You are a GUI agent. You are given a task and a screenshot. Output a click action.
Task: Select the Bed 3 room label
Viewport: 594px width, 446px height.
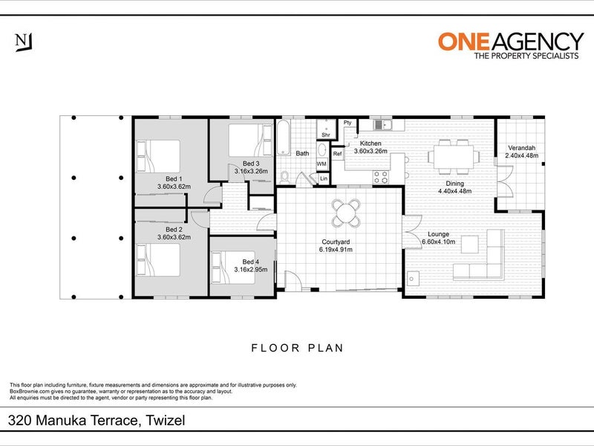(x=251, y=164)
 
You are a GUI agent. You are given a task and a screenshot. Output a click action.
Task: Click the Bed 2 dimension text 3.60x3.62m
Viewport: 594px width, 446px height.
(x=174, y=237)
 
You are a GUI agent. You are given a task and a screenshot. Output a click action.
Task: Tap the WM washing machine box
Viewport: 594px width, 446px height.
(x=322, y=164)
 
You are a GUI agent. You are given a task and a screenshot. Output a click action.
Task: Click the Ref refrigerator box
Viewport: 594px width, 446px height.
(x=337, y=154)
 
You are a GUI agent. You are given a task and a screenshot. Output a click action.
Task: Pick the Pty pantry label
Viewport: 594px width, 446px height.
(x=347, y=123)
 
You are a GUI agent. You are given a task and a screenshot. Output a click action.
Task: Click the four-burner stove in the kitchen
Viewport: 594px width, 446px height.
(x=381, y=177)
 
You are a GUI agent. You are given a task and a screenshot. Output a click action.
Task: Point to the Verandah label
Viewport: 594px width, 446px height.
(x=521, y=147)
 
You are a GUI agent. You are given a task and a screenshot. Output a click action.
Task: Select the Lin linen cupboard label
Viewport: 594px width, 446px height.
(x=323, y=178)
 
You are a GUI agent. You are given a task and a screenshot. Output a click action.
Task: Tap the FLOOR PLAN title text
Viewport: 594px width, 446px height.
(x=297, y=347)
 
